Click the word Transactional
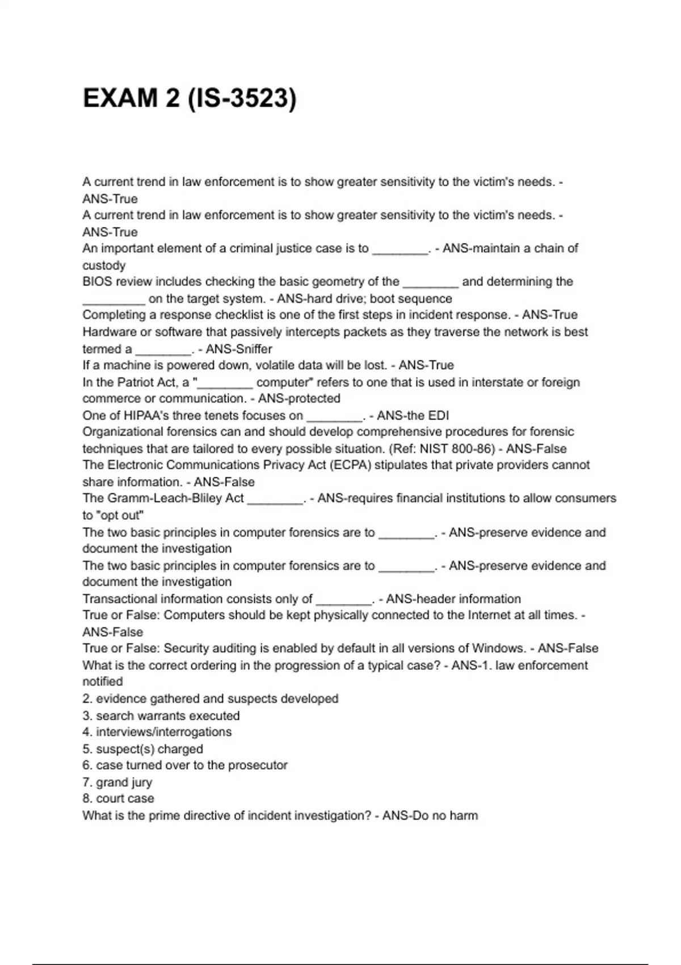coord(120,599)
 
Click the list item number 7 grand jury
coord(117,782)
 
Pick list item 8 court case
coord(118,799)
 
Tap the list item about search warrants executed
coord(161,716)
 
